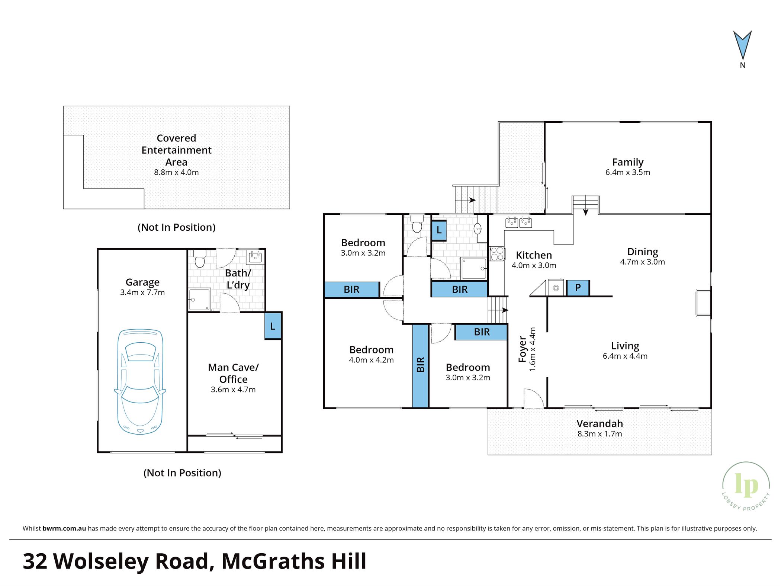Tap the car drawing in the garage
tap(140, 382)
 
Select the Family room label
tap(628, 162)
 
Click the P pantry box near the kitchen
tap(578, 288)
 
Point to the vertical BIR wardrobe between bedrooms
tap(421, 366)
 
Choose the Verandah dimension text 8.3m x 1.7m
tap(600, 434)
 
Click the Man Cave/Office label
tap(233, 373)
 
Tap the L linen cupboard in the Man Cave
tap(273, 326)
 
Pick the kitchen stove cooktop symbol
tap(497, 254)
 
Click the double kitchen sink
tap(518, 222)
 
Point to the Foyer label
tap(523, 349)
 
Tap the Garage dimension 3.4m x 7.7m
tap(142, 292)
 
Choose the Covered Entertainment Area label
tap(176, 150)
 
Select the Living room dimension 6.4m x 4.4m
tap(625, 356)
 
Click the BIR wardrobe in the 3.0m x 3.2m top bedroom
tap(352, 289)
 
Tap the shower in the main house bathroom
tap(473, 268)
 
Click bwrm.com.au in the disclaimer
tap(64, 528)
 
